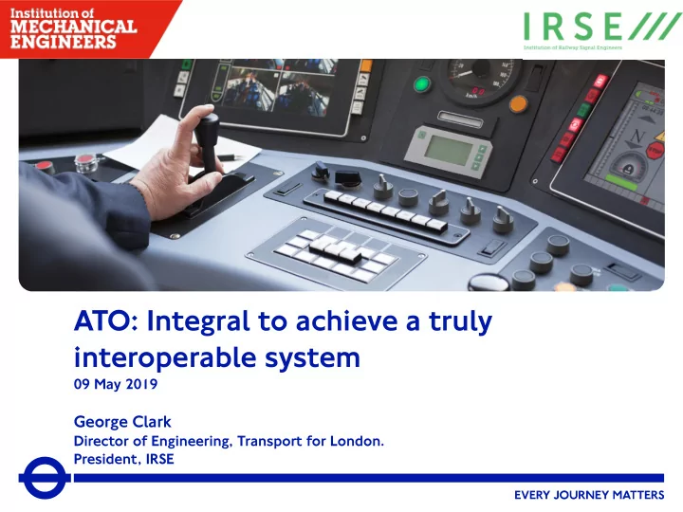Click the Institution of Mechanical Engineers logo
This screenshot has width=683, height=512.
pos(73,28)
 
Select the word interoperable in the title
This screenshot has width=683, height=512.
pos(165,357)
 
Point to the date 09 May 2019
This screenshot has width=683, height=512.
pos(116,384)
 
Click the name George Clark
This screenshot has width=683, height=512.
pos(122,421)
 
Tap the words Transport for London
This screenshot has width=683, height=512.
pos(310,441)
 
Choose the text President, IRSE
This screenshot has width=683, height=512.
pos(123,459)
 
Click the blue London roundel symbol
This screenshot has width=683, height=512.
pos(44,478)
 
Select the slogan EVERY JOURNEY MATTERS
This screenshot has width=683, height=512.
pos(589,495)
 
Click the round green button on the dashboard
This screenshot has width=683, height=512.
pos(421,83)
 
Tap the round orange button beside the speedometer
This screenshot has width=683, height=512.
pos(518,104)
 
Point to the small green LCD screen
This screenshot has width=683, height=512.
pos(449,150)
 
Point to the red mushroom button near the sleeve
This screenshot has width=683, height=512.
pos(43,166)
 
